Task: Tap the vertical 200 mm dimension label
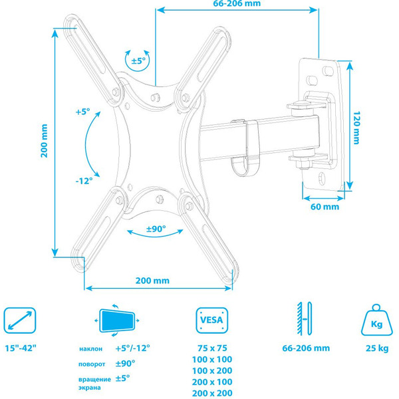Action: tap(44, 141)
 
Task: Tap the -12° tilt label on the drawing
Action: tap(84, 180)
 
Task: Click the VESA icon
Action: tap(213, 323)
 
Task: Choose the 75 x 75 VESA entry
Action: tap(213, 348)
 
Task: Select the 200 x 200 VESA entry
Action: tap(213, 393)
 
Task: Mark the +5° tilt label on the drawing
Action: tap(83, 112)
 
